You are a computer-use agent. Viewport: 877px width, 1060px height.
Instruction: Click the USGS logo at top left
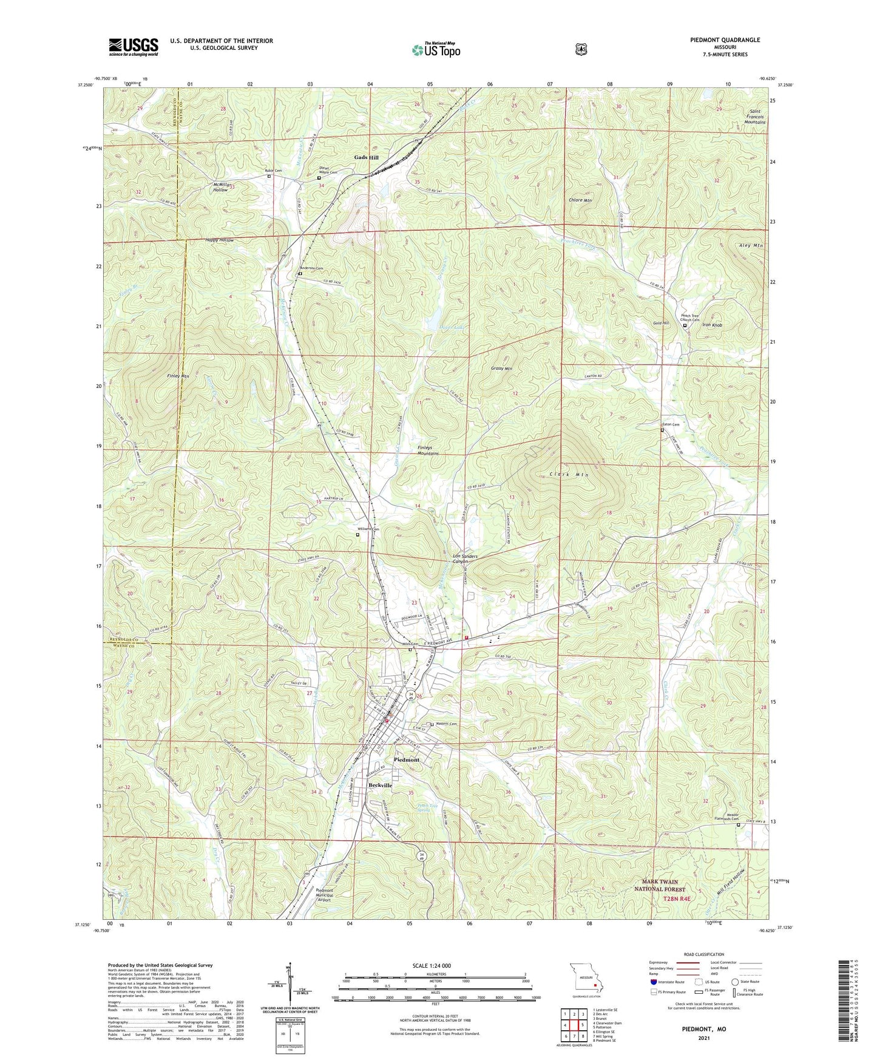pyautogui.click(x=134, y=46)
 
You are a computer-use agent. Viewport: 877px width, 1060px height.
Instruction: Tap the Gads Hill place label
pyautogui.click(x=366, y=158)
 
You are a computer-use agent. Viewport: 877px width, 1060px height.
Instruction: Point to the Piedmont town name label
pyautogui.click(x=406, y=759)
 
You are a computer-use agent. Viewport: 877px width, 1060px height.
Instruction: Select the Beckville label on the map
pyautogui.click(x=380, y=785)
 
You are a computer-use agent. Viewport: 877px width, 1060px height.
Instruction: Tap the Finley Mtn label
pyautogui.click(x=177, y=376)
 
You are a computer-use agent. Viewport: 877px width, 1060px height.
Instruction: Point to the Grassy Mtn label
pyautogui.click(x=501, y=369)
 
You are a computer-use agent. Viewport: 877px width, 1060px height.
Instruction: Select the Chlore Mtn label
pyautogui.click(x=580, y=200)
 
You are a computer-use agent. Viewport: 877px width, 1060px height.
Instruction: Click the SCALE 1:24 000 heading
pyautogui.click(x=430, y=965)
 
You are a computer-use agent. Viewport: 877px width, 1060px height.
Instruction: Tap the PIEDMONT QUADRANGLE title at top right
pyautogui.click(x=725, y=40)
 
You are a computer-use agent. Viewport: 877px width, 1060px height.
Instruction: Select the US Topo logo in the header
pyautogui.click(x=436, y=50)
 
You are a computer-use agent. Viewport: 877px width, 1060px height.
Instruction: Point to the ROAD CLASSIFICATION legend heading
pyautogui.click(x=704, y=954)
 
